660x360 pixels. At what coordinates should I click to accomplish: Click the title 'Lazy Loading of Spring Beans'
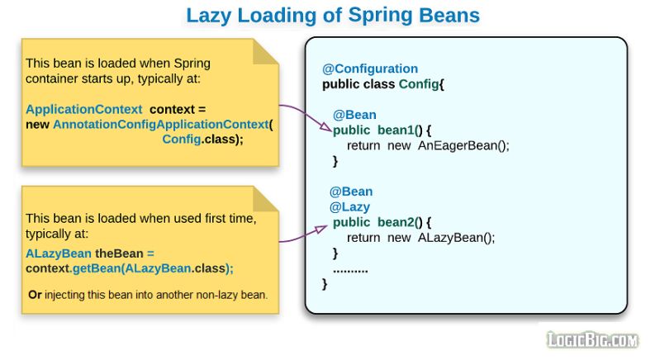[x=332, y=15]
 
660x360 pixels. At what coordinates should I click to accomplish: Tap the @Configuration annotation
[x=370, y=69]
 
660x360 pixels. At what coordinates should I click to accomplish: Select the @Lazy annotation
[x=349, y=206]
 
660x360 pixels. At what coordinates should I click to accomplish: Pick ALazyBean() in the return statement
[x=456, y=238]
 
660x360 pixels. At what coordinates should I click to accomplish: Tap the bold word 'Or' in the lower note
[x=35, y=295]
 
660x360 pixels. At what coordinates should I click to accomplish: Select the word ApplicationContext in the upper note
[x=84, y=109]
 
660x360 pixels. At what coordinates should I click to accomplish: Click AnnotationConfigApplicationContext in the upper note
[x=160, y=124]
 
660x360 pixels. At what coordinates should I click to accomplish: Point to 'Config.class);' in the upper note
[x=203, y=139]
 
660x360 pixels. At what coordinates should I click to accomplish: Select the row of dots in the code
[x=350, y=269]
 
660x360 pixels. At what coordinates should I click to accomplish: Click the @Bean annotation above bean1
[x=354, y=115]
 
